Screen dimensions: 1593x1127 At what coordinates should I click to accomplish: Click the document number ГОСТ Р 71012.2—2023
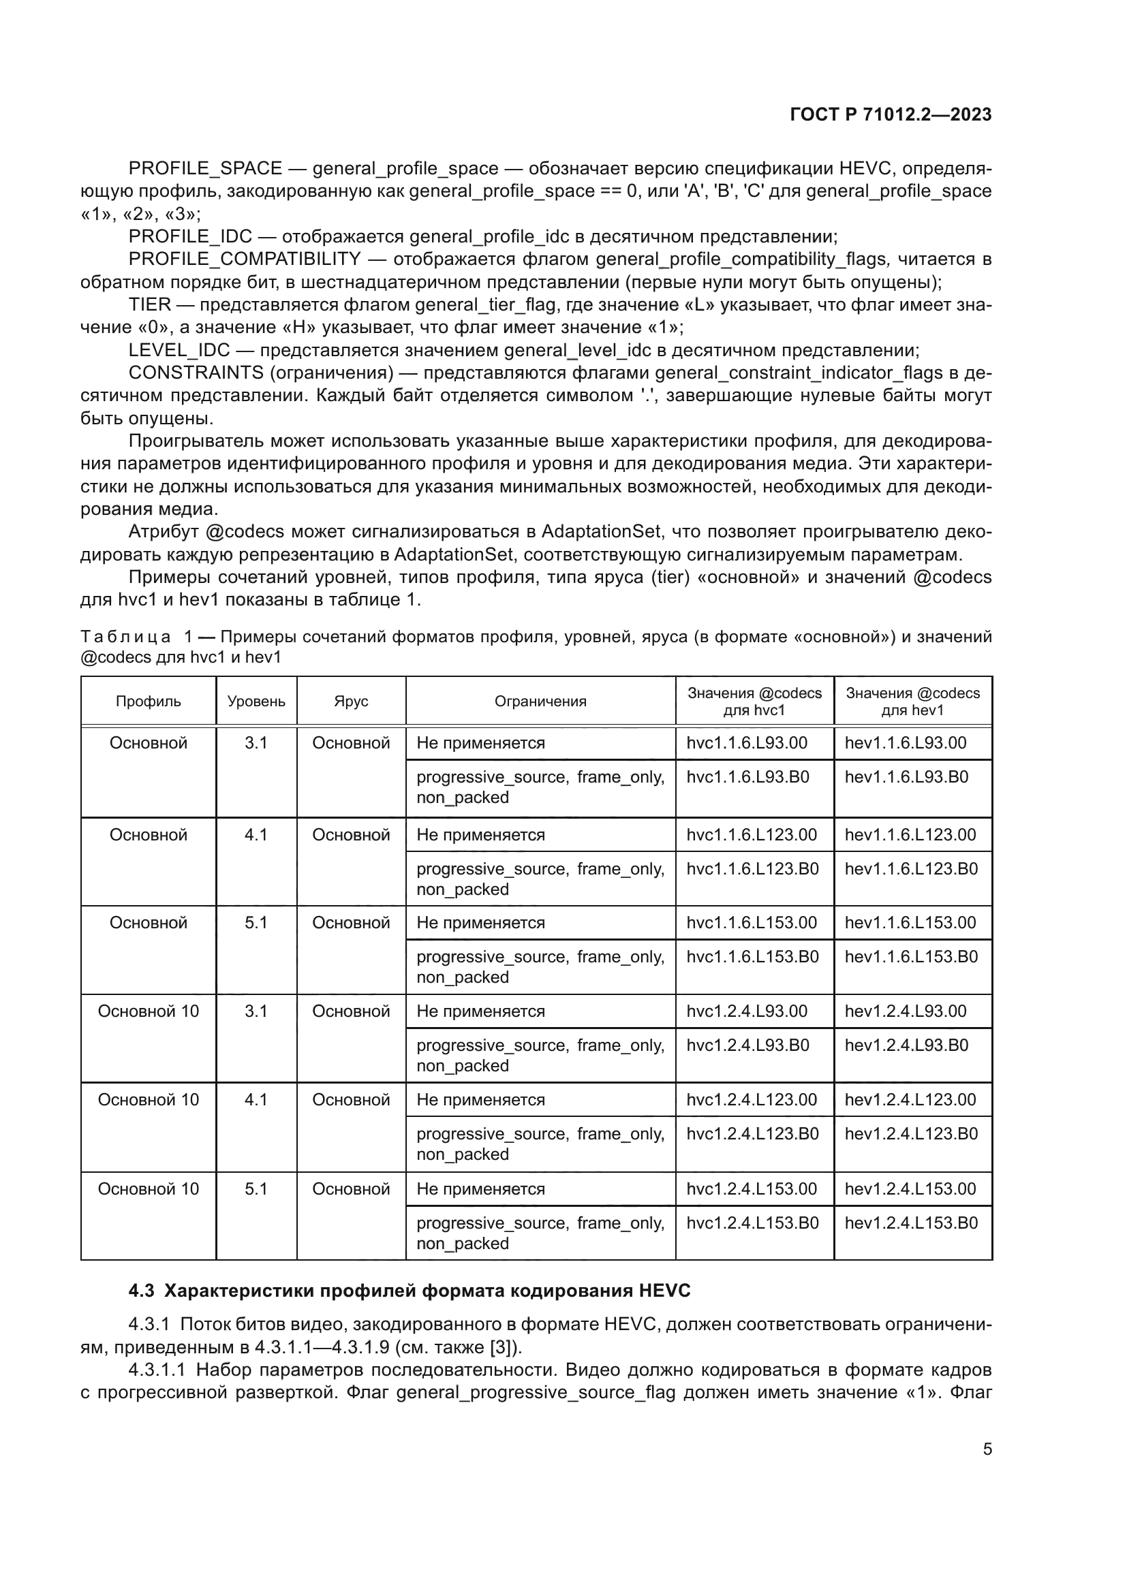(891, 114)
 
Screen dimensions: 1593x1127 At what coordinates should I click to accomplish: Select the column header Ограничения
(540, 701)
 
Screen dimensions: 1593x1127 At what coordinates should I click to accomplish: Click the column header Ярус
(350, 701)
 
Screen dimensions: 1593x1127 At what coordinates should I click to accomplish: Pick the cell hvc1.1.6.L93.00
(747, 743)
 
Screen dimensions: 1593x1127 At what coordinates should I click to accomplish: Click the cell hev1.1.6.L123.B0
(910, 868)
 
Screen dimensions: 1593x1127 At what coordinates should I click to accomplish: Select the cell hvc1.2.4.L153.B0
(752, 1223)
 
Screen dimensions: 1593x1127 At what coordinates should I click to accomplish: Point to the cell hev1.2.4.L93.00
(905, 1011)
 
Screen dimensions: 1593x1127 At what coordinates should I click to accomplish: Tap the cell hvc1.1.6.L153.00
(752, 923)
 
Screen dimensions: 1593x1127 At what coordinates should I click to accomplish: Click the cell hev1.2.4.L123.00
(910, 1100)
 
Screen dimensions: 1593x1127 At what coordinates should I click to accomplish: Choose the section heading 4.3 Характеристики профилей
(410, 1291)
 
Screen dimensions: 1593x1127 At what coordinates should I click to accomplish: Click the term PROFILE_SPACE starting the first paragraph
(205, 169)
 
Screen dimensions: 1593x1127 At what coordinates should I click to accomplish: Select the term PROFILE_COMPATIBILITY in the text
(245, 259)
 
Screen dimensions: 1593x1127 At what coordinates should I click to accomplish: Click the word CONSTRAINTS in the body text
(196, 373)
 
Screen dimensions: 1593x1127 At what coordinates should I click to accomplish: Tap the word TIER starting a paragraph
(149, 305)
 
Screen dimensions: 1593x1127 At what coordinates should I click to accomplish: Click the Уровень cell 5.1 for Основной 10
(256, 1189)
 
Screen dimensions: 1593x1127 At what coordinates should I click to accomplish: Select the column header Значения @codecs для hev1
(912, 701)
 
